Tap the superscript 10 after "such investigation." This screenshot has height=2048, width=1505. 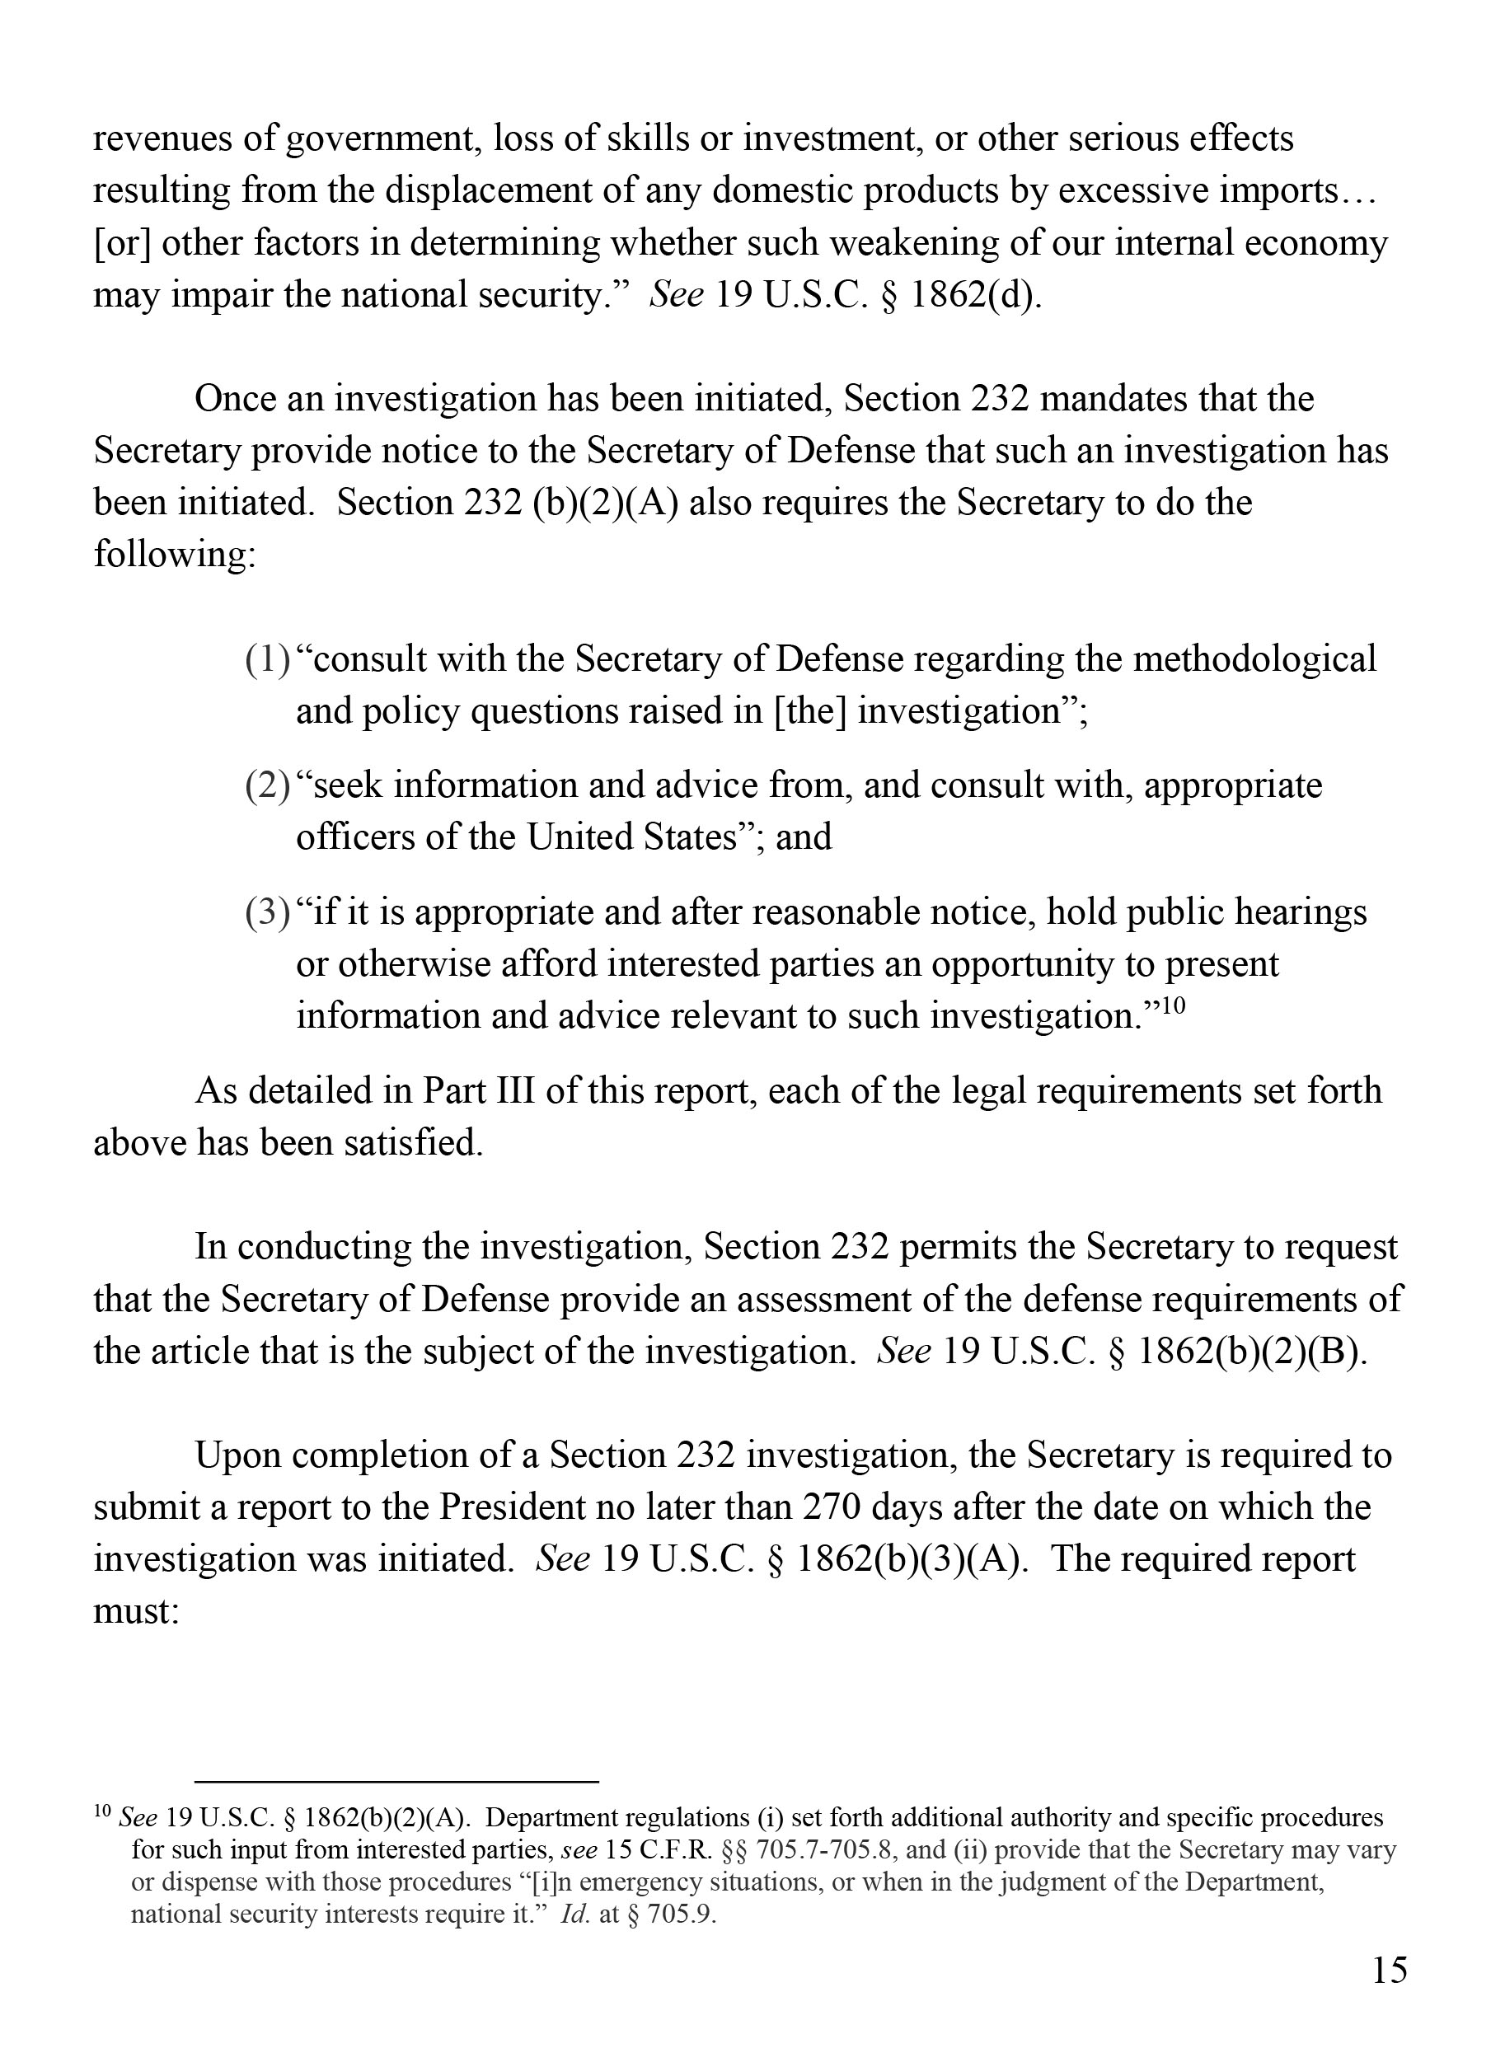(1175, 1005)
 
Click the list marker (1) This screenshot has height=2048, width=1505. (267, 659)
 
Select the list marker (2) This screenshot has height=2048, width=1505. (267, 785)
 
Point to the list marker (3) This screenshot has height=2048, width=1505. (267, 912)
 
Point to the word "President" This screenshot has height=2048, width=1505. (512, 1507)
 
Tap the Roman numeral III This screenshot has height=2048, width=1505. (510, 1090)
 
